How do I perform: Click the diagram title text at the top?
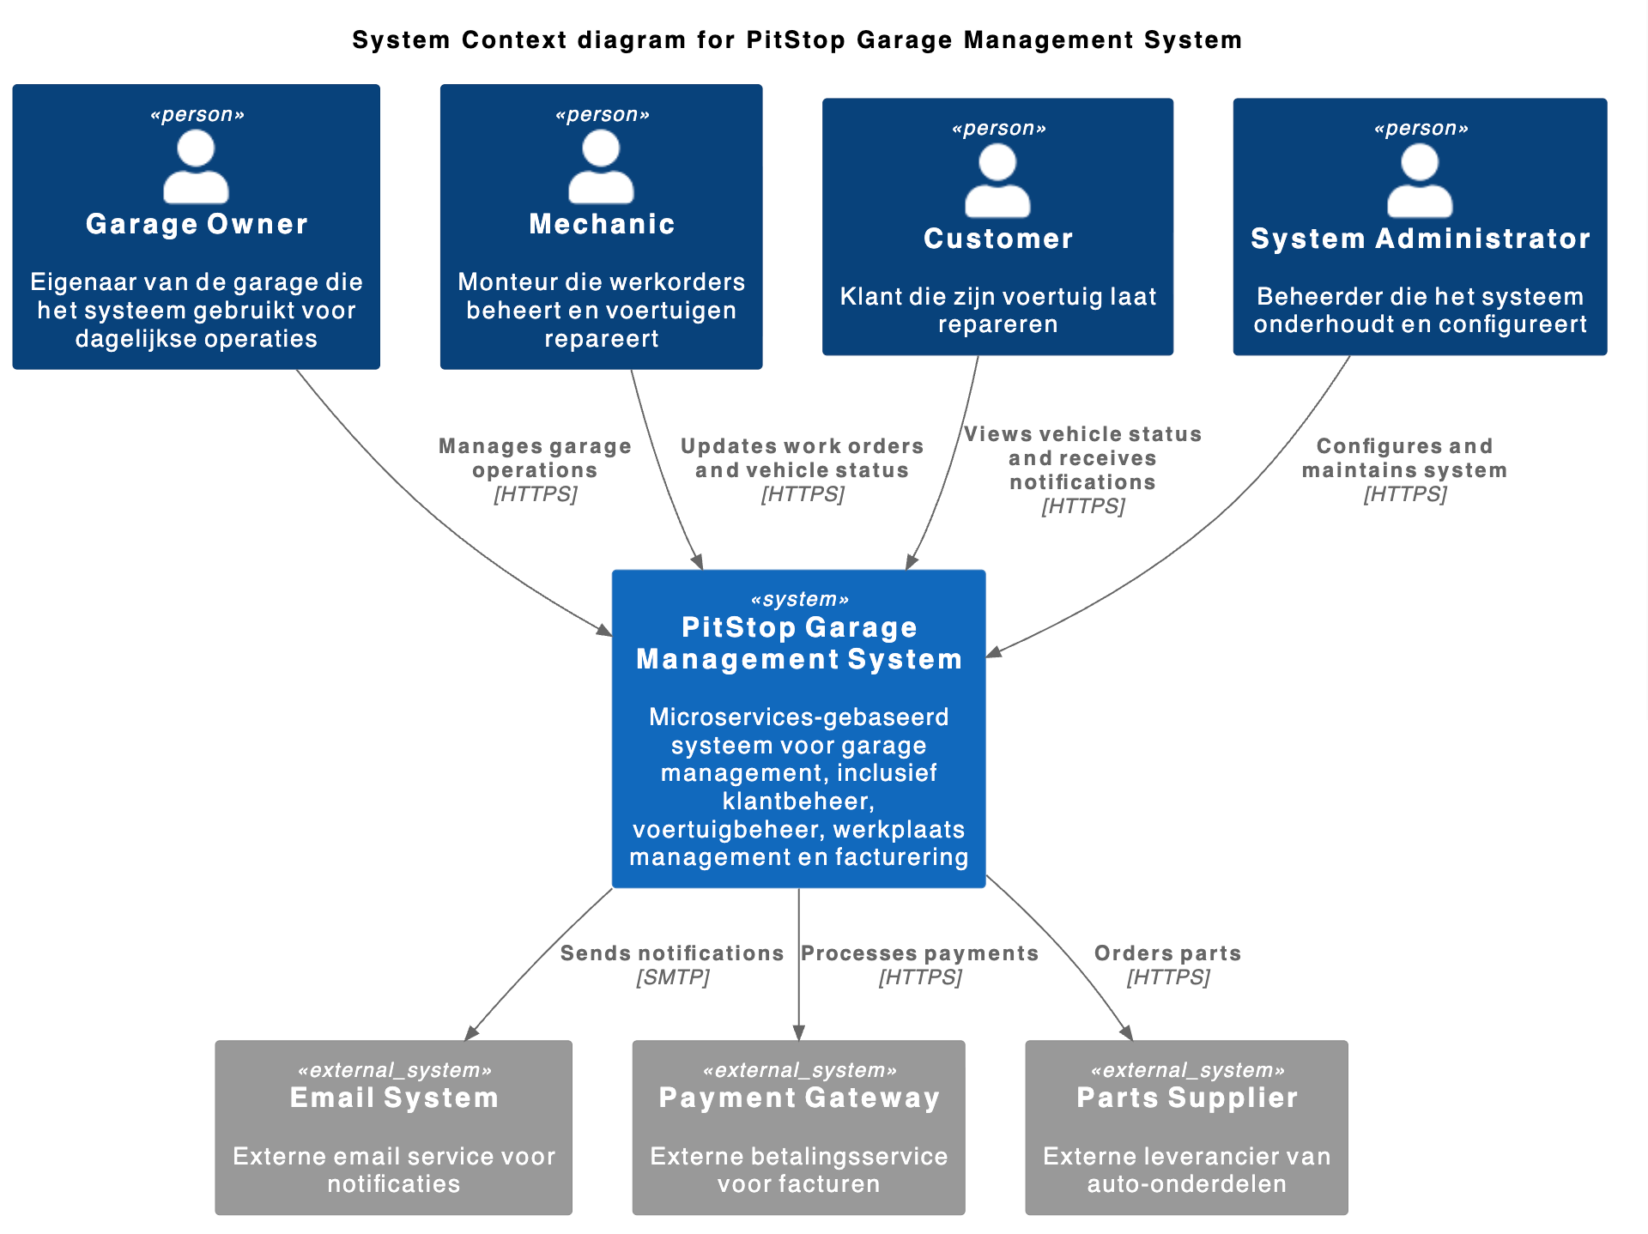[797, 40]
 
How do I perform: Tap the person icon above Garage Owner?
[196, 166]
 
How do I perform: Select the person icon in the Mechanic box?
[601, 166]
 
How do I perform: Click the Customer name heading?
[997, 239]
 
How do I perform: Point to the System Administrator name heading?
[1420, 239]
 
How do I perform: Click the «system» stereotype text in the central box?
[799, 599]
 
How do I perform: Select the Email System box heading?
[394, 1098]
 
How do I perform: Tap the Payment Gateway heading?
[799, 1098]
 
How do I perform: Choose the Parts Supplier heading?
[1187, 1098]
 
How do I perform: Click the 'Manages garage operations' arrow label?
[535, 458]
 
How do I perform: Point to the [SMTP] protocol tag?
[672, 977]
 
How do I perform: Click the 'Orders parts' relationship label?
[1167, 953]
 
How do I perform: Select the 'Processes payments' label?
[919, 953]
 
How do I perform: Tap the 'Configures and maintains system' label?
[1404, 458]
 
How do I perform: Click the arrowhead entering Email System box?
[471, 1033]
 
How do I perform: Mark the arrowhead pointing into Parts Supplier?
[1127, 1033]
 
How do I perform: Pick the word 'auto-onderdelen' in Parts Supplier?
[1187, 1184]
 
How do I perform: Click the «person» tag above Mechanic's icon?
[602, 115]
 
